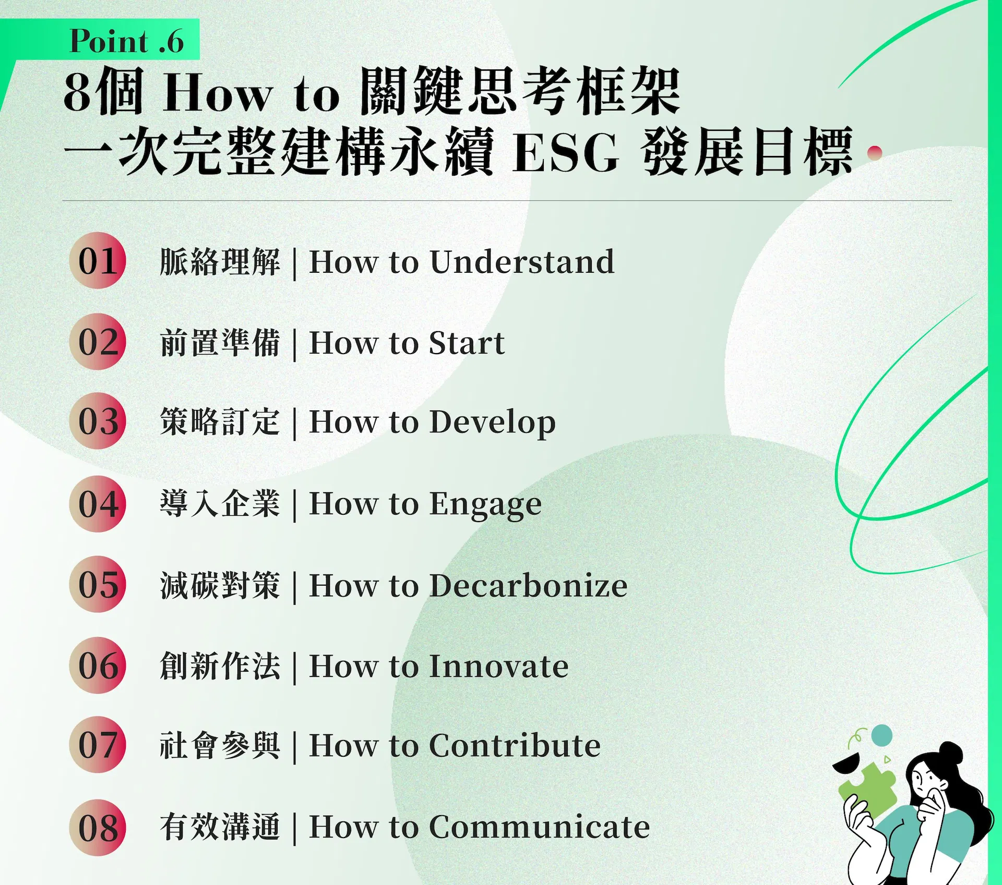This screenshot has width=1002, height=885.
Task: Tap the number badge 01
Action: tap(98, 260)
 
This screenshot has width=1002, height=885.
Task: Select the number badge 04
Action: tap(98, 503)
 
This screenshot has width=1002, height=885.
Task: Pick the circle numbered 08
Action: tap(98, 828)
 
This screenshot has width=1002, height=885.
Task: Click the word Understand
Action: tap(522, 261)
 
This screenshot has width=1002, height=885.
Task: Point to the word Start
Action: tap(467, 343)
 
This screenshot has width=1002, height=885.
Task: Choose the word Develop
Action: tap(492, 422)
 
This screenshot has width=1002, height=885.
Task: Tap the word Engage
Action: tap(485, 504)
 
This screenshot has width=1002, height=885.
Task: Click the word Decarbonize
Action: tap(528, 585)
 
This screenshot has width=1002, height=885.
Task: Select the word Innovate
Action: tap(499, 666)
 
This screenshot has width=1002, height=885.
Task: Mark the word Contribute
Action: tap(515, 745)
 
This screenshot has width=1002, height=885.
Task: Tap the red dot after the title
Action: tap(874, 152)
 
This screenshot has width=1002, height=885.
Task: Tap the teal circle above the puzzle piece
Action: tap(882, 735)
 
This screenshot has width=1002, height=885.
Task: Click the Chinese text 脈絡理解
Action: tap(220, 261)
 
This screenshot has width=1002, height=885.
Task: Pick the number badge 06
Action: tap(98, 665)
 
